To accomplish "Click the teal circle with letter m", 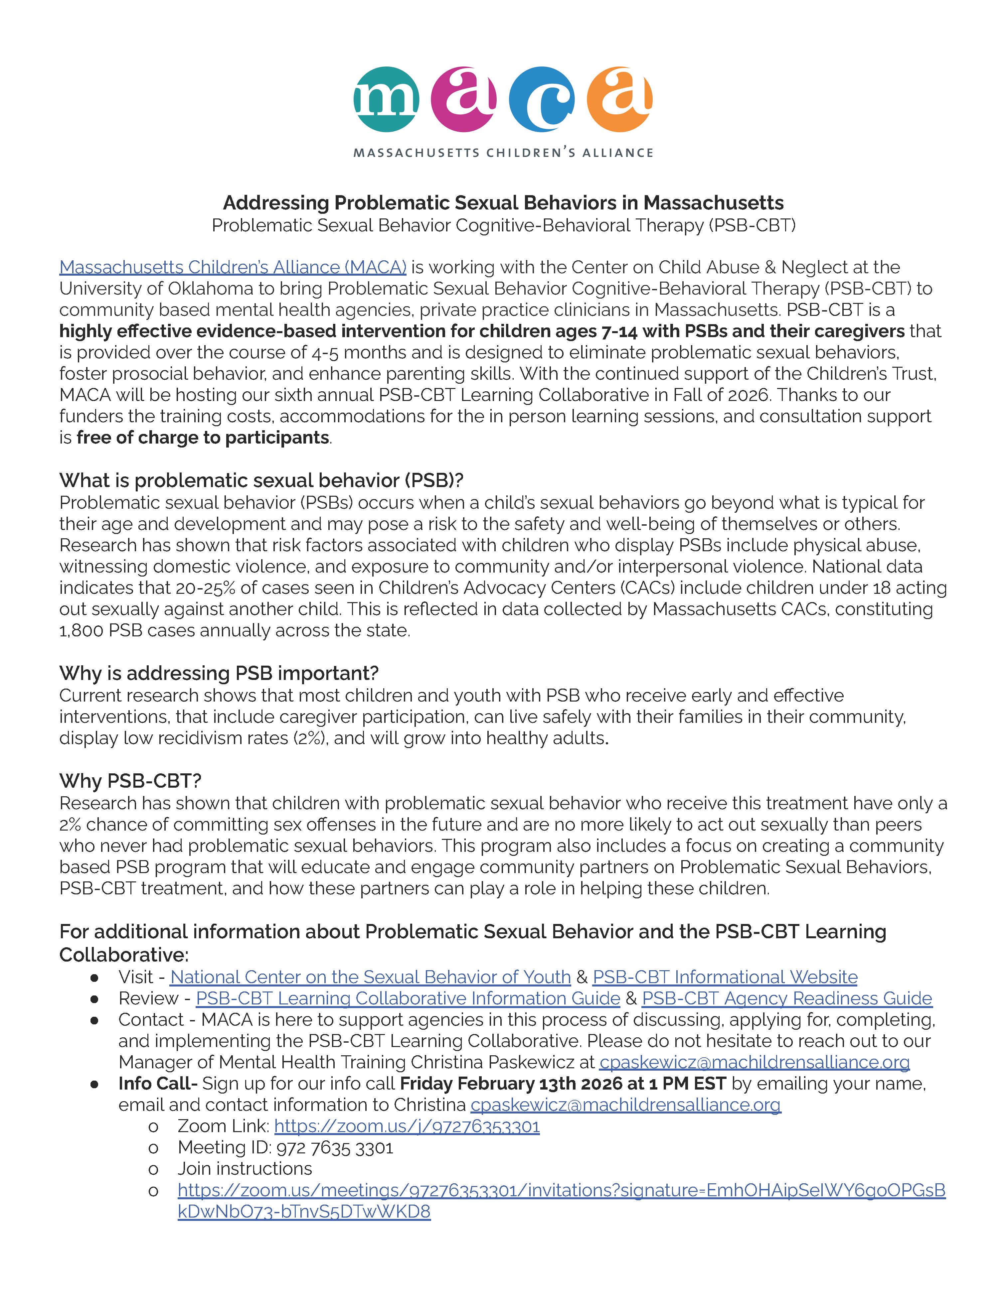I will pos(386,99).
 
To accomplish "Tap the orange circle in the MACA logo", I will pos(619,99).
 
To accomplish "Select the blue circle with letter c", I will pos(542,99).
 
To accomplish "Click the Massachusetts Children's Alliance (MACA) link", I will pos(233,267).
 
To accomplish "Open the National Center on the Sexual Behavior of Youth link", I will pos(370,977).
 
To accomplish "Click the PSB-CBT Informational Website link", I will pos(725,977).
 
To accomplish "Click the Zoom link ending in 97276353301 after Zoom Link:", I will pos(407,1126).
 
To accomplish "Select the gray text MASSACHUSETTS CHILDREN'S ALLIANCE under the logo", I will pos(503,153).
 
